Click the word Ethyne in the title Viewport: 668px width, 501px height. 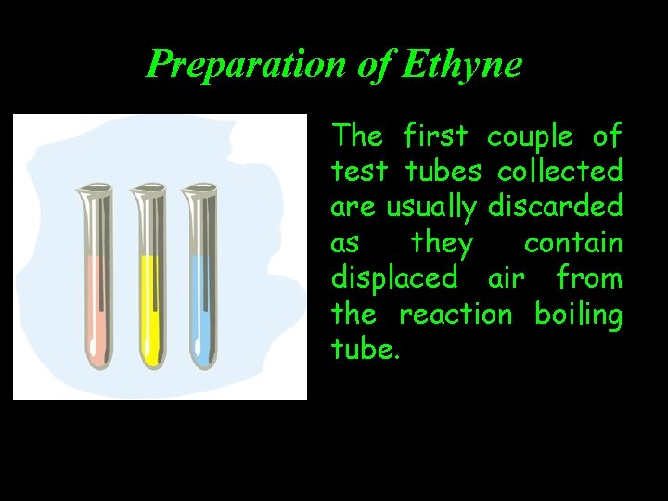tap(463, 64)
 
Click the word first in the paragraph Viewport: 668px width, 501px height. tap(436, 136)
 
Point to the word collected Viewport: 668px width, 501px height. tap(559, 172)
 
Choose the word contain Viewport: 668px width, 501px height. tap(572, 243)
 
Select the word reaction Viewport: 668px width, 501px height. tap(456, 315)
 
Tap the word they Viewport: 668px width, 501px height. tap(442, 244)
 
